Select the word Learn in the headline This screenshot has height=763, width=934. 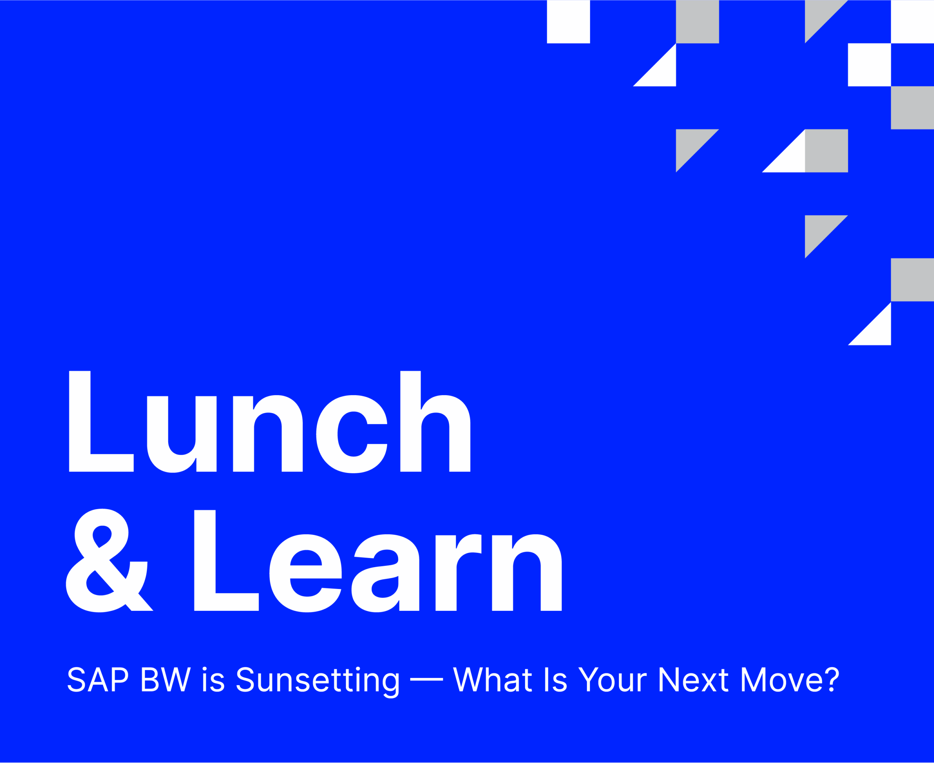click(378, 561)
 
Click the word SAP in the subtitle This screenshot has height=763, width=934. click(97, 679)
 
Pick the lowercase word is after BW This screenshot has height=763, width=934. click(213, 679)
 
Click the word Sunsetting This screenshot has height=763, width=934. click(318, 682)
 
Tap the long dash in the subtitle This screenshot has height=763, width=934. click(427, 679)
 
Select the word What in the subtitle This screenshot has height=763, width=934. click(493, 679)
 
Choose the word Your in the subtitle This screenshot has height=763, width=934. click(612, 679)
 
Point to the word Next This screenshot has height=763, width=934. click(693, 679)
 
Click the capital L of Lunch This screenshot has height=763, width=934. click(101, 421)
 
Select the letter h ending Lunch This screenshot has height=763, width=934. click(435, 421)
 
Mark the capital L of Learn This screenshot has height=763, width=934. click(226, 560)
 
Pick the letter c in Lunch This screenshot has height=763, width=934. click(352, 434)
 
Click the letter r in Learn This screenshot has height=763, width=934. click(458, 572)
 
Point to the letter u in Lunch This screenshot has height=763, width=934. click(182, 434)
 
